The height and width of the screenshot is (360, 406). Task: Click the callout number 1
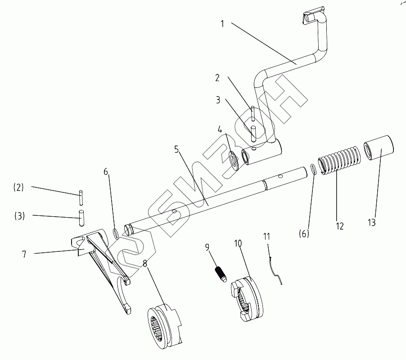pyautogui.click(x=222, y=24)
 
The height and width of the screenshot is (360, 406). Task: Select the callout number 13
pyautogui.click(x=371, y=222)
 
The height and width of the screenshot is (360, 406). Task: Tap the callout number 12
pyautogui.click(x=339, y=226)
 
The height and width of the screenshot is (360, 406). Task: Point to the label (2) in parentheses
pyautogui.click(x=18, y=187)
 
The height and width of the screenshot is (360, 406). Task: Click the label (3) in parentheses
pyautogui.click(x=19, y=216)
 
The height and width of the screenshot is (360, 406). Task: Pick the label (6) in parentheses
pyautogui.click(x=304, y=234)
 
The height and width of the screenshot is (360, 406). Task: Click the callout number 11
pyautogui.click(x=267, y=236)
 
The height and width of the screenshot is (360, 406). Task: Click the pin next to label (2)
pyautogui.click(x=81, y=197)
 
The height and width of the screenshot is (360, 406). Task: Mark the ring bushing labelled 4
pyautogui.click(x=234, y=159)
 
